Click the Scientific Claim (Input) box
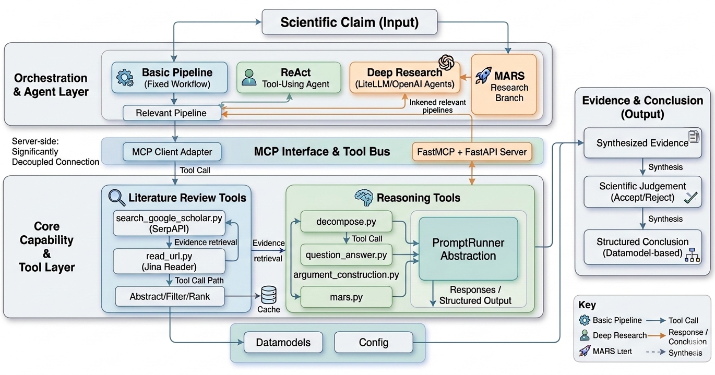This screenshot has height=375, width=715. (x=350, y=22)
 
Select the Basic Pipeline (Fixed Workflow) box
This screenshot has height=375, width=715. (x=170, y=78)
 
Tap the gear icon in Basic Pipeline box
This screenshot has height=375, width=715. (x=125, y=78)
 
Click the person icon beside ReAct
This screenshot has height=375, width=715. (x=249, y=78)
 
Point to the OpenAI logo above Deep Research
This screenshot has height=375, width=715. (x=446, y=63)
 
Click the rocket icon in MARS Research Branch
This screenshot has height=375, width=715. (x=483, y=76)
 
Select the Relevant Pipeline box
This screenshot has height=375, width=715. (x=172, y=113)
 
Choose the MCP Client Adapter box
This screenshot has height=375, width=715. (x=172, y=152)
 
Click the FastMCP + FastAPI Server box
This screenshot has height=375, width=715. (x=472, y=152)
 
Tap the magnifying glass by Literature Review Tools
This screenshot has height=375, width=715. (x=116, y=198)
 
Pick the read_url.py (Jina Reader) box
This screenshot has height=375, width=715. (x=169, y=261)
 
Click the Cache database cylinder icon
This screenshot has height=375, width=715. (x=269, y=295)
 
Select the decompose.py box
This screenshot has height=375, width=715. (x=347, y=221)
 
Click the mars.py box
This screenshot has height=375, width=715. (x=347, y=297)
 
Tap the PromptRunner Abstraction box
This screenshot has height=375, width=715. (x=468, y=249)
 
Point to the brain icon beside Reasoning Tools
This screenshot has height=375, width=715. (x=364, y=198)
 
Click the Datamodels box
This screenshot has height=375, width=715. (x=283, y=343)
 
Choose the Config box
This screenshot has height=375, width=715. (x=374, y=343)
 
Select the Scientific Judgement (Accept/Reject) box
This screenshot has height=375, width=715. (x=642, y=191)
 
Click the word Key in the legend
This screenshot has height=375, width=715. (x=587, y=305)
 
